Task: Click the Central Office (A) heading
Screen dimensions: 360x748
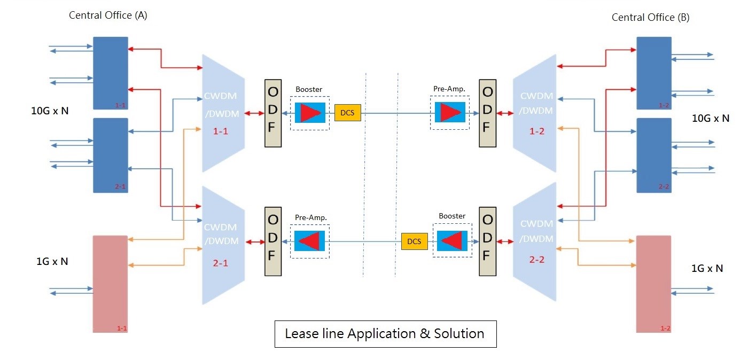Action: click(108, 15)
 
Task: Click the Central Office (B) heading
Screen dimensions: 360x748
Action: click(650, 18)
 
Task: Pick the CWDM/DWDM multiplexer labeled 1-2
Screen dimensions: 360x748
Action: click(535, 113)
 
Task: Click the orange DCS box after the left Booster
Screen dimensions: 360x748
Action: click(348, 113)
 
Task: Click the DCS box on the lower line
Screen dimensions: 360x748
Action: click(414, 241)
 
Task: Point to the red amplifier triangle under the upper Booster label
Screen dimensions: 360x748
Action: click(310, 113)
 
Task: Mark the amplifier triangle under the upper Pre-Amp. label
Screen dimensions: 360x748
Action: click(450, 113)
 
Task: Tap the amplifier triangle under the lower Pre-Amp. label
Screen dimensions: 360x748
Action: click(310, 241)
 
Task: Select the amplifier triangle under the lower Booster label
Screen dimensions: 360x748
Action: click(452, 241)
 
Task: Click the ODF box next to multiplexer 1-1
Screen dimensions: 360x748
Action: click(272, 113)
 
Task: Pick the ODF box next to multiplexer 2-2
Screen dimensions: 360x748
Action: click(487, 241)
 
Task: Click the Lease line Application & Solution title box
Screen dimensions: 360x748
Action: click(385, 334)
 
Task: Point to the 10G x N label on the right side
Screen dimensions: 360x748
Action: click(711, 119)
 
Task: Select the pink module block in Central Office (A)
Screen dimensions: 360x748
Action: click(111, 284)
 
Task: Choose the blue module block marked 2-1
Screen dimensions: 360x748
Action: click(111, 155)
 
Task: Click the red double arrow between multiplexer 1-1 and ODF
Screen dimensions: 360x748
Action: click(254, 113)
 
